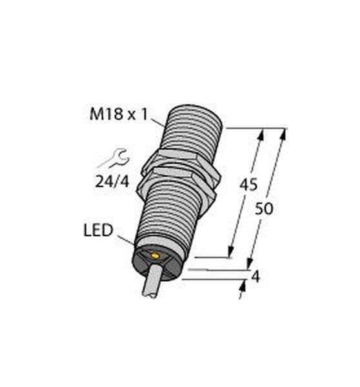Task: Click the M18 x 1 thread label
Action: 119,115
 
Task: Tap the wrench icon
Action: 114,159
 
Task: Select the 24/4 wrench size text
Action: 112,183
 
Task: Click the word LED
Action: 98,230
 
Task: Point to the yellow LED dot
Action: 155,257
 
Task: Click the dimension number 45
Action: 248,184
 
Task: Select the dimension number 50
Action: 264,209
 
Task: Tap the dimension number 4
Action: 255,277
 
